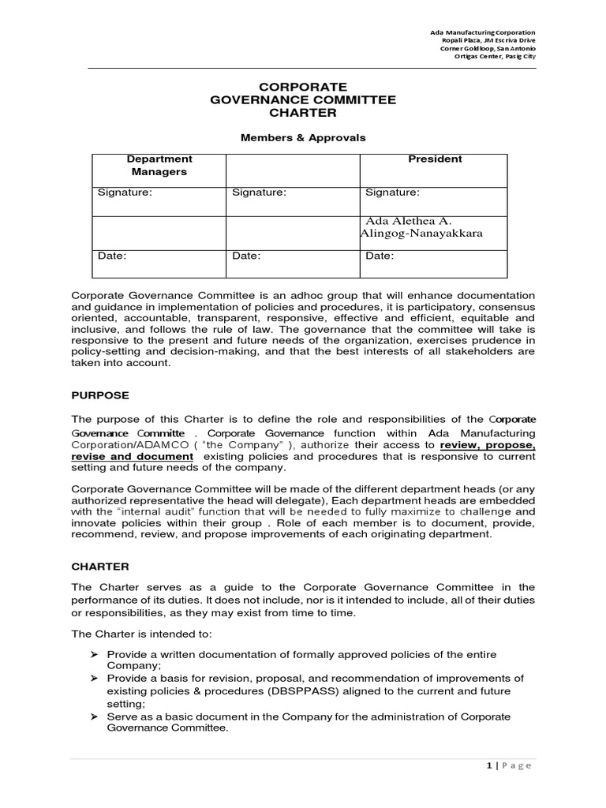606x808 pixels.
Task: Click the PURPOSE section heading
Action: click(x=100, y=395)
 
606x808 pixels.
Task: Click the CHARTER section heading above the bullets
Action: click(x=100, y=567)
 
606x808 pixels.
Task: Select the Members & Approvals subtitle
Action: click(x=303, y=137)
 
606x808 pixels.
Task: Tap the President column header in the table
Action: click(x=435, y=159)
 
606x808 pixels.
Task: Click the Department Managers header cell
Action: click(x=159, y=166)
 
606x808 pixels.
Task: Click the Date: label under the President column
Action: click(x=380, y=256)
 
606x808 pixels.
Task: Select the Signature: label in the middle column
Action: click(x=258, y=192)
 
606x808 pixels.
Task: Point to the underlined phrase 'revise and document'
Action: click(x=132, y=457)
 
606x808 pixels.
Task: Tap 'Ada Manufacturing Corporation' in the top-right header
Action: click(x=482, y=32)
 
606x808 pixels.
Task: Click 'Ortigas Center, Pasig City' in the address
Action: click(x=492, y=58)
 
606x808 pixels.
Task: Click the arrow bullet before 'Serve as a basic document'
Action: click(x=93, y=716)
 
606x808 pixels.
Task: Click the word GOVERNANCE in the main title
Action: click(x=265, y=100)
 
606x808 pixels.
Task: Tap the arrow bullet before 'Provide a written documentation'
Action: click(x=93, y=655)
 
